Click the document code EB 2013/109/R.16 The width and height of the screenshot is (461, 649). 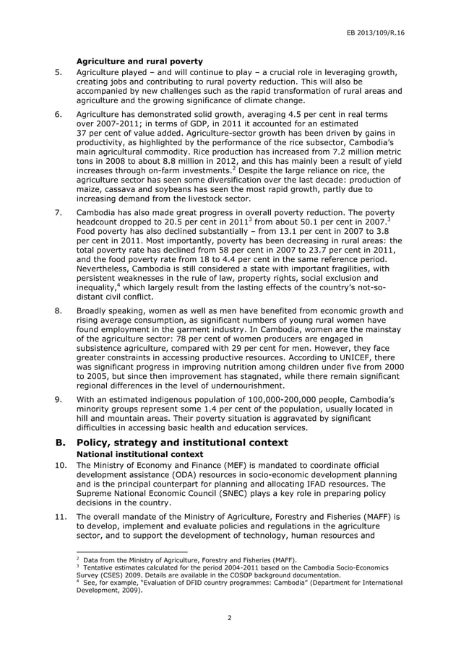pos(374,32)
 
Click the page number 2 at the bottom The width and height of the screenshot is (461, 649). pos(230,618)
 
